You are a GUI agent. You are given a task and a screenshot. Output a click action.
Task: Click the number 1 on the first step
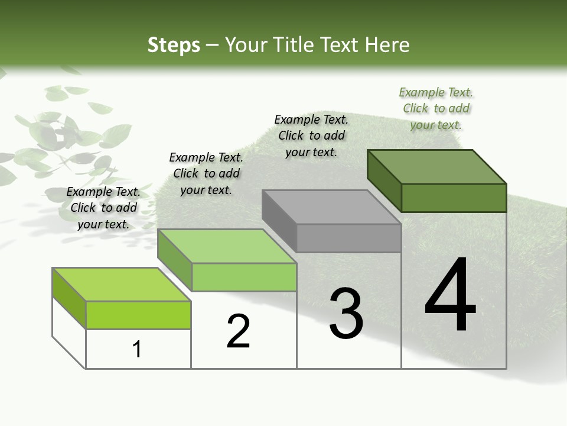pyautogui.click(x=137, y=350)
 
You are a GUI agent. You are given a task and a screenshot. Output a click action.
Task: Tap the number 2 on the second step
pyautogui.click(x=238, y=331)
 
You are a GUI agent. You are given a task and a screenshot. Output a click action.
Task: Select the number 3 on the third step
pyautogui.click(x=346, y=314)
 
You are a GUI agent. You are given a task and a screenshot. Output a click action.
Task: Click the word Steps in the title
pyautogui.click(x=174, y=45)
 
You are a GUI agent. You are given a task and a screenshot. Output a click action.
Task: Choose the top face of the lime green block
pyautogui.click(x=122, y=285)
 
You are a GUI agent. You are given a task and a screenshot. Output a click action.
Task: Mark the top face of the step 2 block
pyautogui.click(x=227, y=246)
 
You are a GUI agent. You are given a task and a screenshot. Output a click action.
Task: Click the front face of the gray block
pyautogui.click(x=348, y=238)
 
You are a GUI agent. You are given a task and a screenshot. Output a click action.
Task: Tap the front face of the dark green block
pyautogui.click(x=454, y=198)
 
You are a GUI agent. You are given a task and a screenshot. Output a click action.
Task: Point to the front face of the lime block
pyautogui.click(x=138, y=315)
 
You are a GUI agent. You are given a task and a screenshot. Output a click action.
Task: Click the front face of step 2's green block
pyautogui.click(x=244, y=277)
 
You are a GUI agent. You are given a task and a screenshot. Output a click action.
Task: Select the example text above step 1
pyautogui.click(x=103, y=208)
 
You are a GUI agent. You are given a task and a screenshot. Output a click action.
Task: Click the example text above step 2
pyautogui.click(x=206, y=173)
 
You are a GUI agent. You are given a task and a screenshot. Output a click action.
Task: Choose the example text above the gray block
pyautogui.click(x=311, y=135)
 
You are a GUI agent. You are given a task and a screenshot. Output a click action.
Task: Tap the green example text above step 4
pyautogui.click(x=436, y=108)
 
